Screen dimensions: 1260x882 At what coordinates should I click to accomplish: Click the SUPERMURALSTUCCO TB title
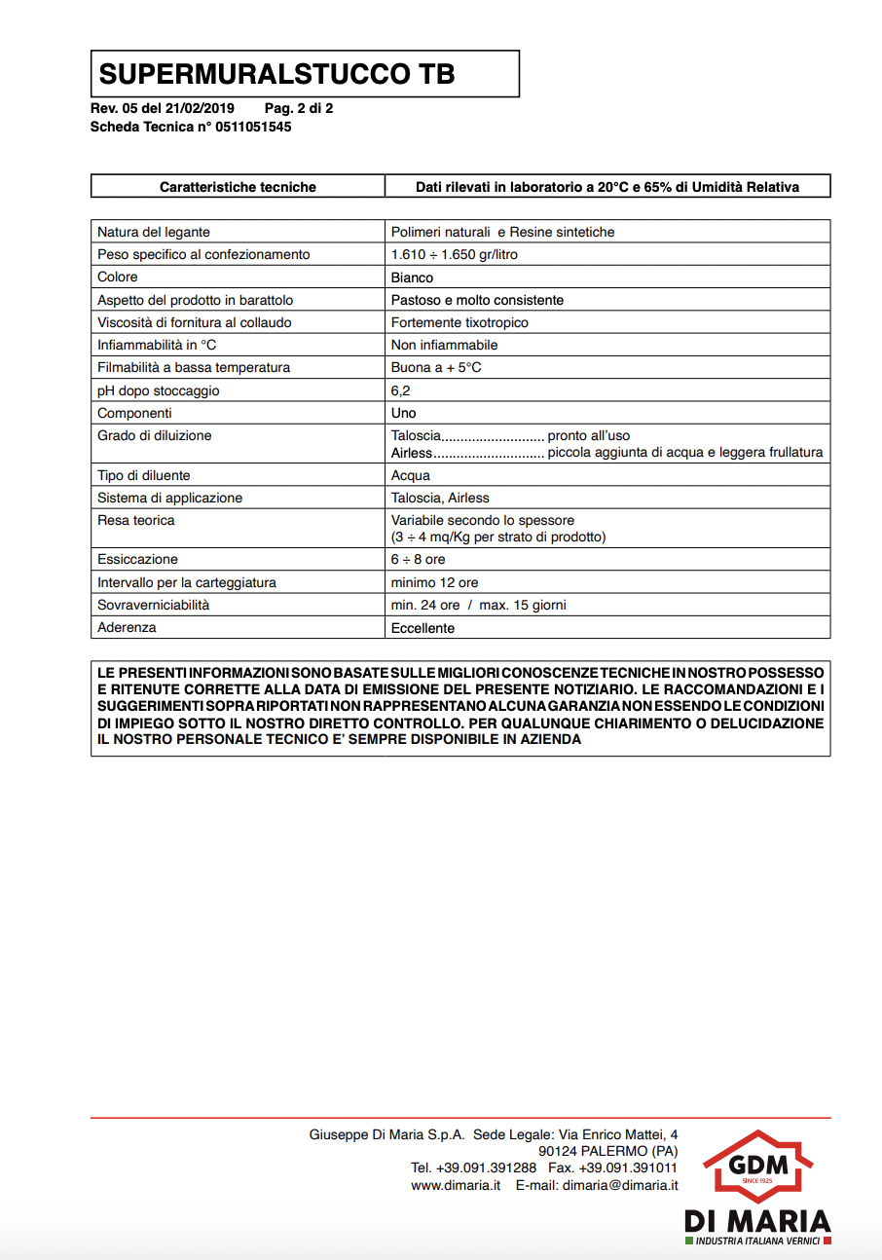tap(277, 74)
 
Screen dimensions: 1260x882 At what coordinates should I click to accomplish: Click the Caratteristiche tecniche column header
tap(238, 187)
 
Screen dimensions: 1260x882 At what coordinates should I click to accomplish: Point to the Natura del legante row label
tap(154, 232)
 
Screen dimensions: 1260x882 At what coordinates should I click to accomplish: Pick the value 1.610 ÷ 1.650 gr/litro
tap(454, 254)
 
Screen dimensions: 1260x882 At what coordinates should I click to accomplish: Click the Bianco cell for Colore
tap(413, 278)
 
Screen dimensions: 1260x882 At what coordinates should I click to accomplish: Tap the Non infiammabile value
tap(444, 345)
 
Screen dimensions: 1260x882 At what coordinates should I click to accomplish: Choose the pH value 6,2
tap(401, 390)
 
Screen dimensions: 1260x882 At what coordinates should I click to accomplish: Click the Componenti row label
tap(134, 413)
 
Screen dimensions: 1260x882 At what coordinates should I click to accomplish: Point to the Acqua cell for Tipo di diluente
tap(411, 475)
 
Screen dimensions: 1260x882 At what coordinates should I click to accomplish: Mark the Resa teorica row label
tap(136, 520)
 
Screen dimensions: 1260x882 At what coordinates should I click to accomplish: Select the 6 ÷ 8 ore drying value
tap(419, 560)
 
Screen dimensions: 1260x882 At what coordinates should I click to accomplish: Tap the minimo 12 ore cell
tap(434, 582)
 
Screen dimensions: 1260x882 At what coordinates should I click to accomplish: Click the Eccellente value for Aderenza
tap(423, 628)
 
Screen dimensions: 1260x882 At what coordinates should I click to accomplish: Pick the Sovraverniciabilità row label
tap(154, 605)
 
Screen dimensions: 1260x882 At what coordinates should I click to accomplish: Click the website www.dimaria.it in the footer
tap(456, 1185)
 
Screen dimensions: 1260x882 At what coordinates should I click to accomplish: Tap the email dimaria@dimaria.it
tap(620, 1185)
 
